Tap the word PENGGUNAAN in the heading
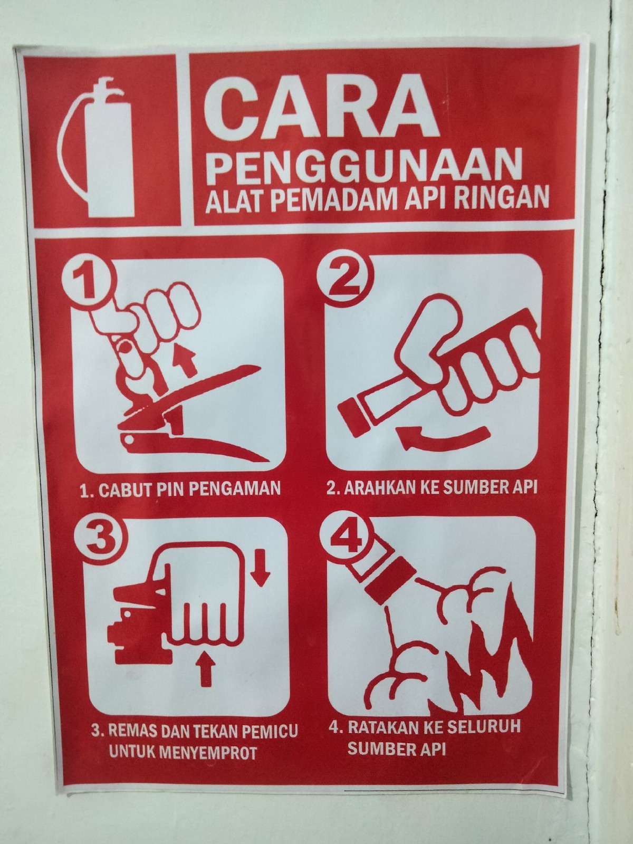[x=365, y=167]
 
